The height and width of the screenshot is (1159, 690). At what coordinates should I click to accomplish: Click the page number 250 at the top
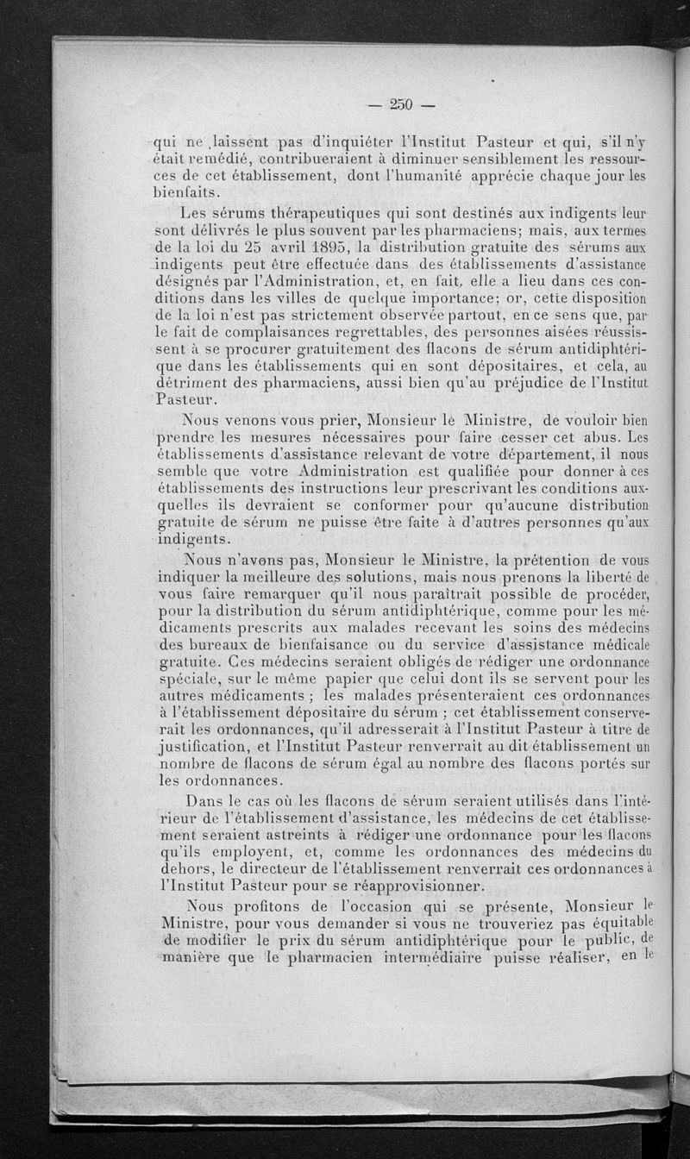click(402, 105)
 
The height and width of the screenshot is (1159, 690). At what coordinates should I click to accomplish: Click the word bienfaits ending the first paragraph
click(185, 193)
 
